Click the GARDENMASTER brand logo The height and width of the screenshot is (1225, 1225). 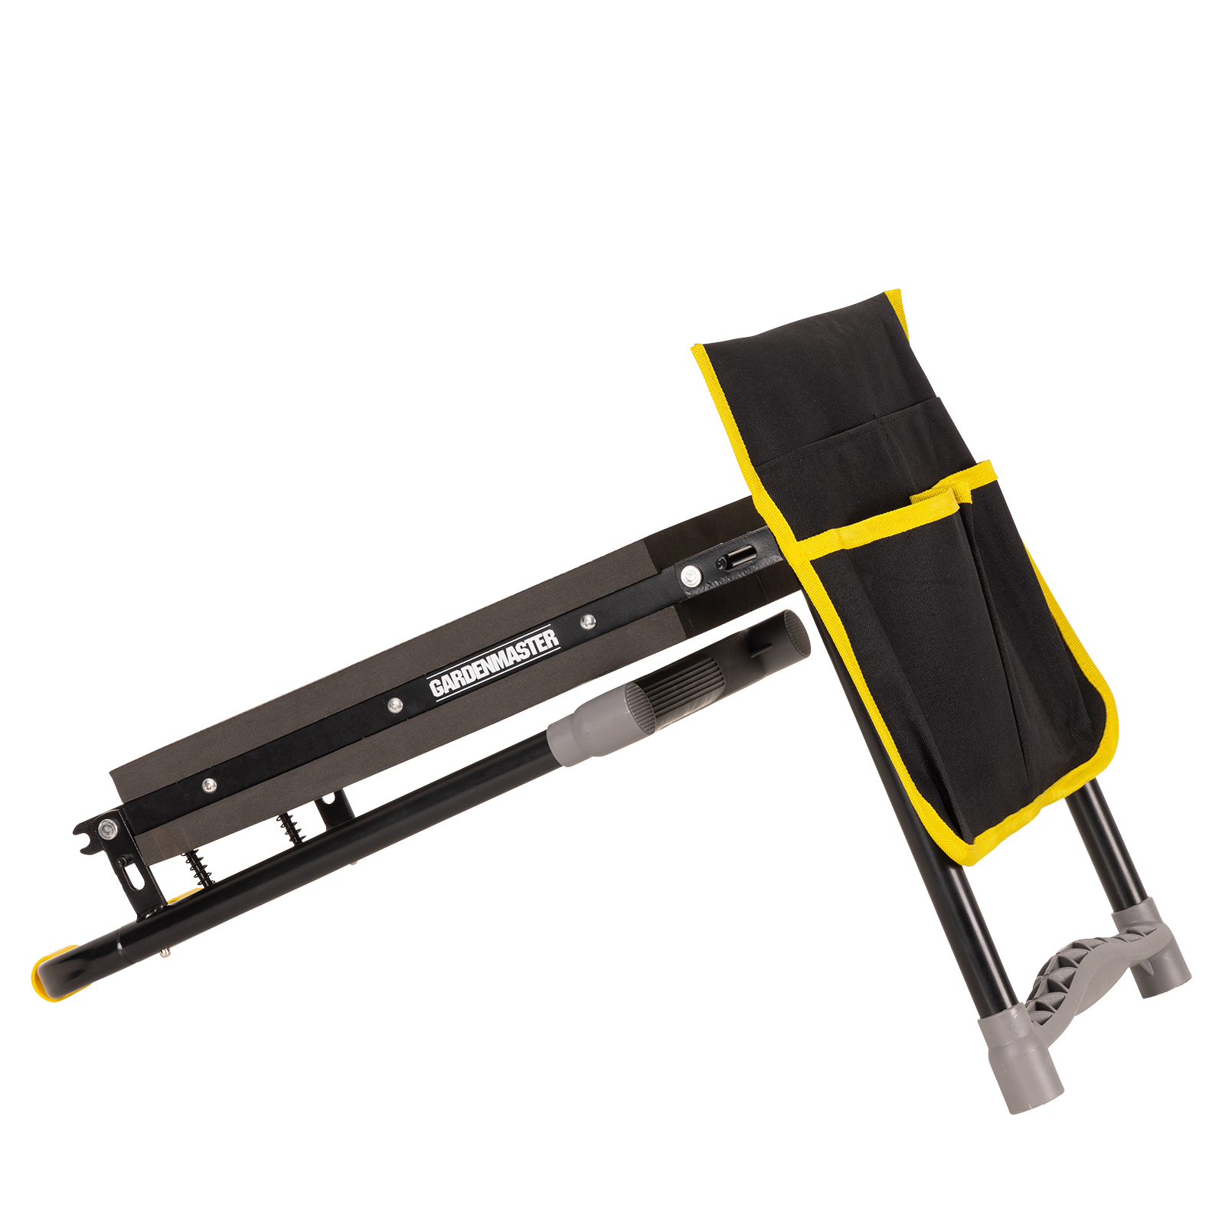pyautogui.click(x=493, y=662)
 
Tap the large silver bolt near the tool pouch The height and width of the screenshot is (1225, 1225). pyautogui.click(x=691, y=576)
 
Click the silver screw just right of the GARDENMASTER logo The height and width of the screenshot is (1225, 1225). pyautogui.click(x=587, y=622)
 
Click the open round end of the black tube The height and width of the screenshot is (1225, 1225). pyautogui.click(x=796, y=632)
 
